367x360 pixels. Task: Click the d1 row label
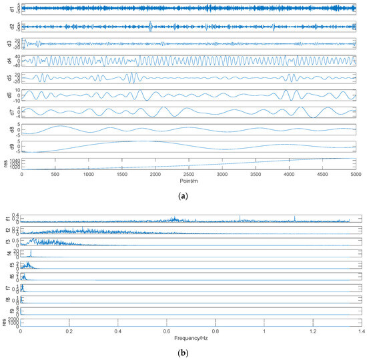(10, 9)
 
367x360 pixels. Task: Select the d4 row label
(10, 61)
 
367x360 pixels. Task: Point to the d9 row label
(10, 145)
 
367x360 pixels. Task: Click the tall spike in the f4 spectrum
(30, 252)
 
